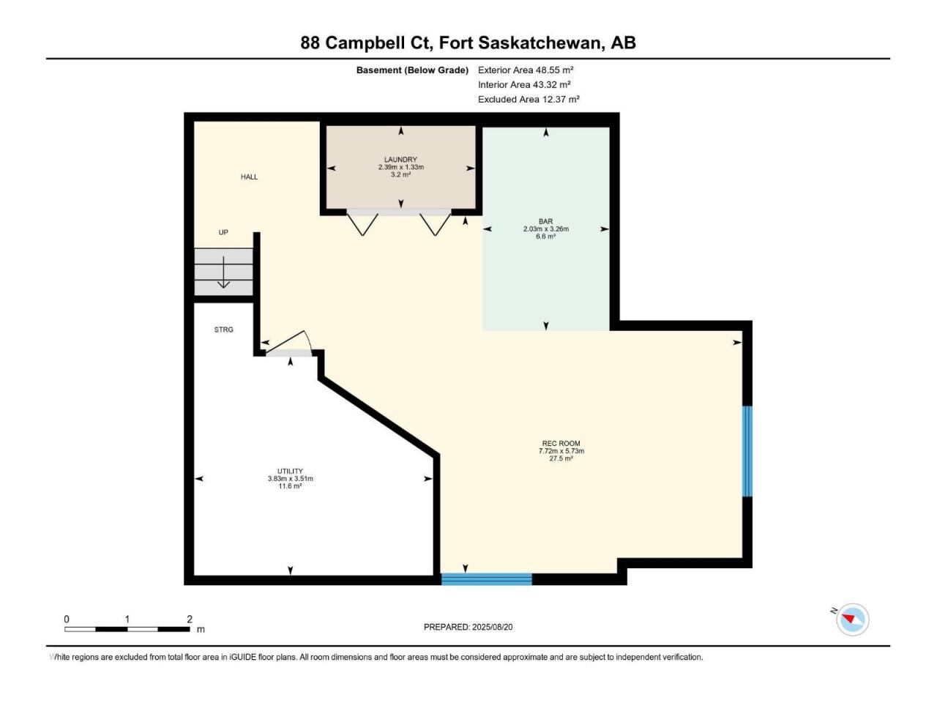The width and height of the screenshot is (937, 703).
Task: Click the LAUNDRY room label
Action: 400,160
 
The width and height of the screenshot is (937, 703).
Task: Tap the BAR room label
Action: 545,222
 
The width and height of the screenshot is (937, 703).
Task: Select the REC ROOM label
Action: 561,444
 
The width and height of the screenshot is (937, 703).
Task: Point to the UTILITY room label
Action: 291,471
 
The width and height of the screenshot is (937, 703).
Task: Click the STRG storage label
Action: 224,330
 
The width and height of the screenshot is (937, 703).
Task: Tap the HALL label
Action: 249,176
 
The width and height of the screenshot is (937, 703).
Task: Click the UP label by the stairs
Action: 223,232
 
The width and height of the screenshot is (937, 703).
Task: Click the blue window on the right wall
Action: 747,451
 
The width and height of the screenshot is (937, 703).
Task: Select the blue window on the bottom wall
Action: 487,579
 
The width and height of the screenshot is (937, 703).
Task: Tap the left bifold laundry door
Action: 362,223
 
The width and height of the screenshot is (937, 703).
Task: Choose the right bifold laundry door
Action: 435,223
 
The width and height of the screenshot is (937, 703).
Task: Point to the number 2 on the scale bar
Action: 190,619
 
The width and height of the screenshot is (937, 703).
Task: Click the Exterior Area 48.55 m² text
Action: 526,70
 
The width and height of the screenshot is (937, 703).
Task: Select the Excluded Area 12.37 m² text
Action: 529,99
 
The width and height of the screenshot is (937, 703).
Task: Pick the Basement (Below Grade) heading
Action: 412,70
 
